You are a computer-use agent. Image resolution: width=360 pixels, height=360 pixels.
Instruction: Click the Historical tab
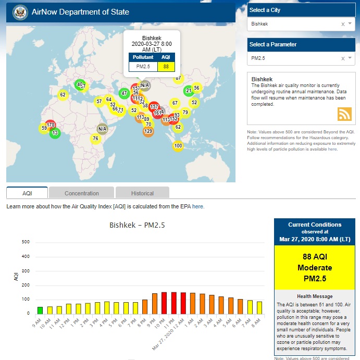coord(142,193)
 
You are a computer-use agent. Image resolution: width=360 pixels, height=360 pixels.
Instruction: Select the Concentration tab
coord(82,193)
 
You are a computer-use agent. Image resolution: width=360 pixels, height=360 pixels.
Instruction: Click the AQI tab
coord(27,193)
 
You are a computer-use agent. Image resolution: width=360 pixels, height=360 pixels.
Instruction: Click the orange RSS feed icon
coord(345,114)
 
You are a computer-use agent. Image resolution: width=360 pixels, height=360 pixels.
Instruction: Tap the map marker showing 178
coord(51,125)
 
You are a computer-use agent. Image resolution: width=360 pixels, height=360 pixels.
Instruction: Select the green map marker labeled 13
coord(55,133)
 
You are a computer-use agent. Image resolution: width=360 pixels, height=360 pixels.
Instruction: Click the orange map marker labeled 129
coord(148,131)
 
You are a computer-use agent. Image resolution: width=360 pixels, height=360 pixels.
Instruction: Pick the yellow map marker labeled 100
coord(178,146)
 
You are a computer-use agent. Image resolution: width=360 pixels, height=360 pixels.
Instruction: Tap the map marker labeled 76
coord(95,139)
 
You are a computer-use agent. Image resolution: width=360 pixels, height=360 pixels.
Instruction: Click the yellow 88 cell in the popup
coord(166,66)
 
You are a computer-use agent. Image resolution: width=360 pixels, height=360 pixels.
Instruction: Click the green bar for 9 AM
coord(40,310)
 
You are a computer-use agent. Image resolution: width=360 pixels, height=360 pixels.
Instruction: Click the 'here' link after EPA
coord(198,207)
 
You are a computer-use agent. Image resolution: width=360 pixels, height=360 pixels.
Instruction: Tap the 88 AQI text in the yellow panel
coord(314,257)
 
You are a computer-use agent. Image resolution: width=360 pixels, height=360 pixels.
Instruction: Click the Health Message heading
coord(314,296)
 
